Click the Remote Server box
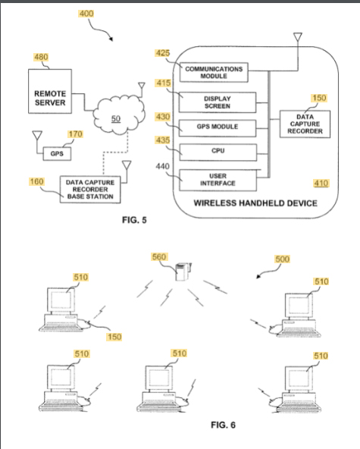click(x=50, y=91)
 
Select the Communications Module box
click(x=214, y=73)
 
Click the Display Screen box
click(x=218, y=102)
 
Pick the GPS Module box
click(x=218, y=127)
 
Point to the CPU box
click(x=218, y=152)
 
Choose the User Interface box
click(x=218, y=180)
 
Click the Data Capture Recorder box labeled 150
click(x=305, y=124)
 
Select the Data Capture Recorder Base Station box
click(x=90, y=190)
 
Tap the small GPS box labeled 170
click(x=57, y=154)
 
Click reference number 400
click(x=86, y=14)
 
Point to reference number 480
click(x=41, y=57)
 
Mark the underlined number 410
click(x=321, y=184)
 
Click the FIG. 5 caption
click(x=134, y=220)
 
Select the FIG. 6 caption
click(x=223, y=425)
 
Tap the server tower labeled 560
click(x=183, y=272)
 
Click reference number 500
click(x=282, y=259)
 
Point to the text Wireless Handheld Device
click(x=255, y=203)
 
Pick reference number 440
click(x=162, y=166)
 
